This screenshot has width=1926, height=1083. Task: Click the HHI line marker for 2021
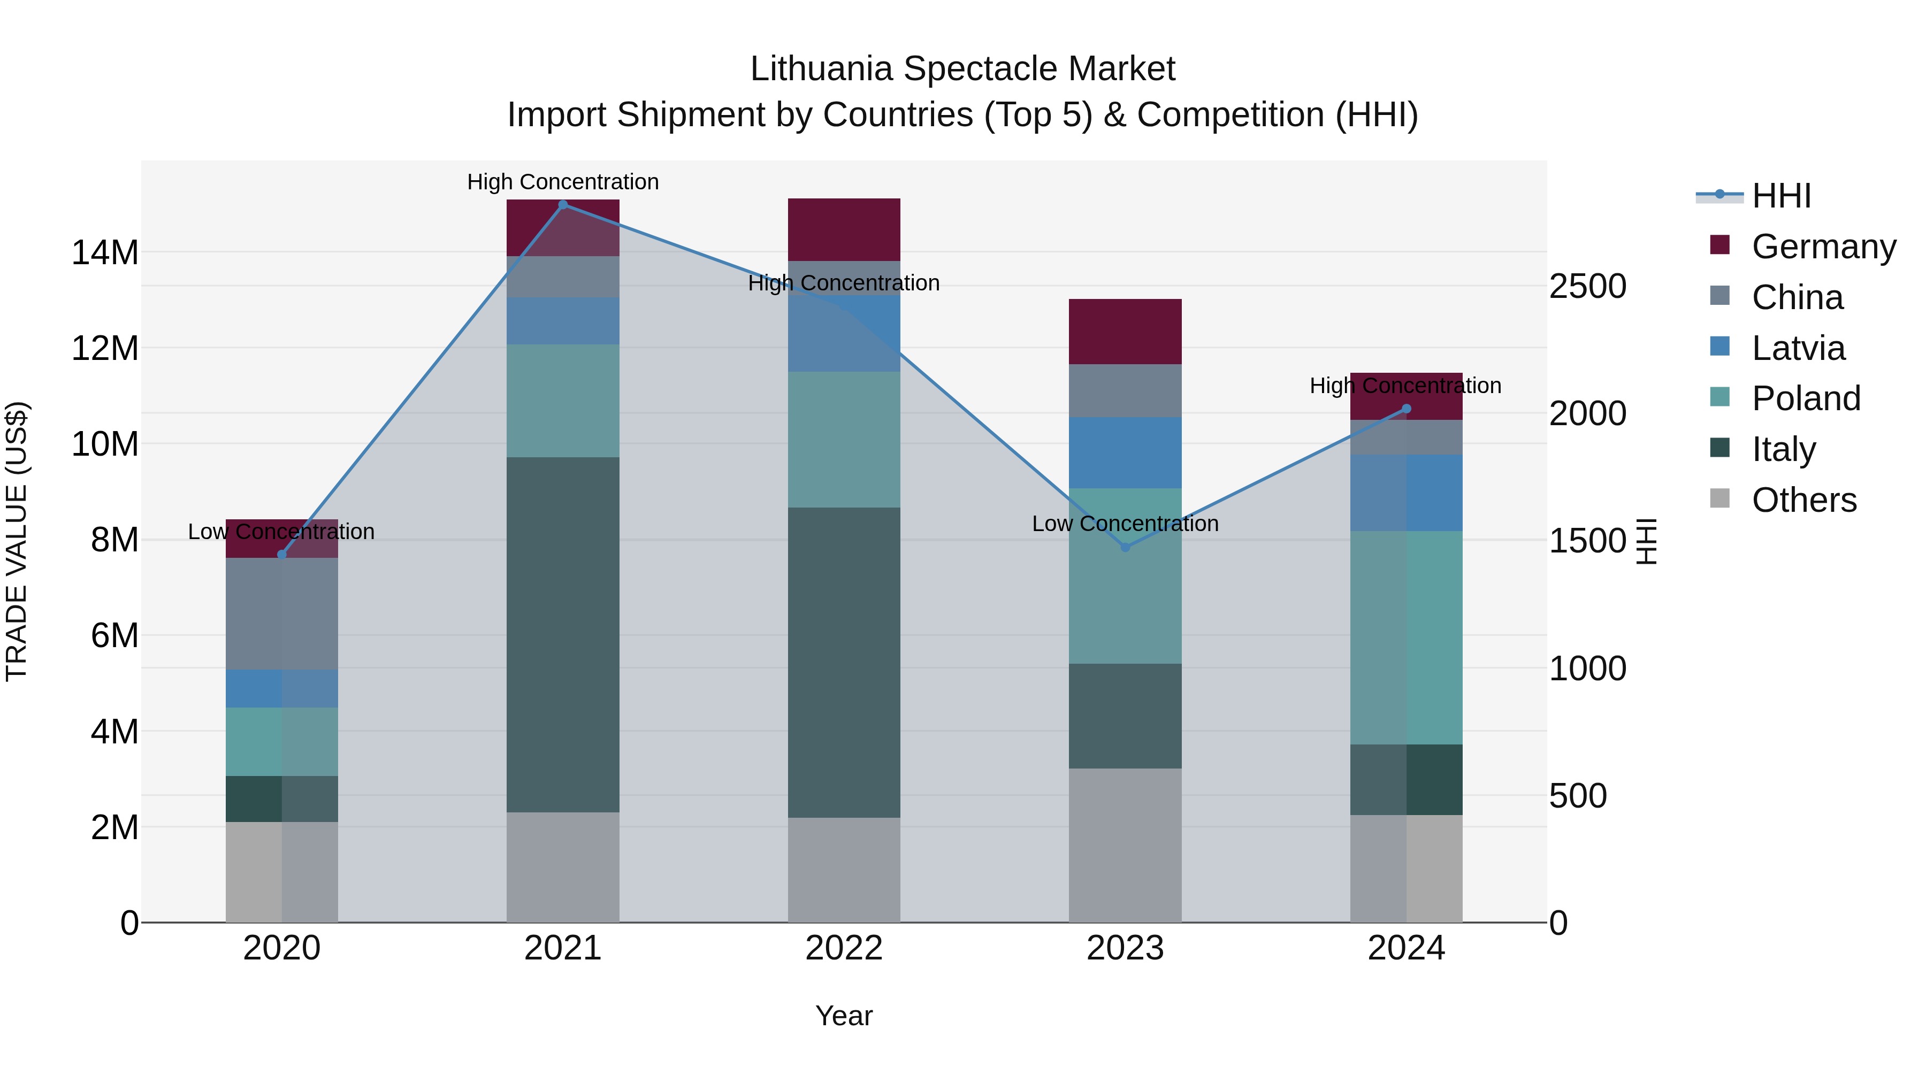pos(563,205)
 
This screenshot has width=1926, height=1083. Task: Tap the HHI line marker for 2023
pos(1125,547)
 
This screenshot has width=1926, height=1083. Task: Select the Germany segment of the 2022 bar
pos(844,229)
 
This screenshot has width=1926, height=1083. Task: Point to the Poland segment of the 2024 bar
pos(1407,637)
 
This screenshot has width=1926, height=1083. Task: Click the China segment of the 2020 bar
pos(282,613)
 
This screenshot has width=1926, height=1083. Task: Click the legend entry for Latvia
pos(1798,348)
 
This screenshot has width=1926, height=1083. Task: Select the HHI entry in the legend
pos(1781,196)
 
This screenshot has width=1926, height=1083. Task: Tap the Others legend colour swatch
pos(1719,498)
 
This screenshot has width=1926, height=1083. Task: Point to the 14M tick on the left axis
pos(105,252)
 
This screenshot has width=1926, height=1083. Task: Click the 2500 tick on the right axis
pos(1587,286)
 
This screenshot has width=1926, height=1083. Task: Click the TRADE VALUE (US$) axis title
pos(17,541)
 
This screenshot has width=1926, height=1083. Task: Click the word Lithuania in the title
pos(822,69)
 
